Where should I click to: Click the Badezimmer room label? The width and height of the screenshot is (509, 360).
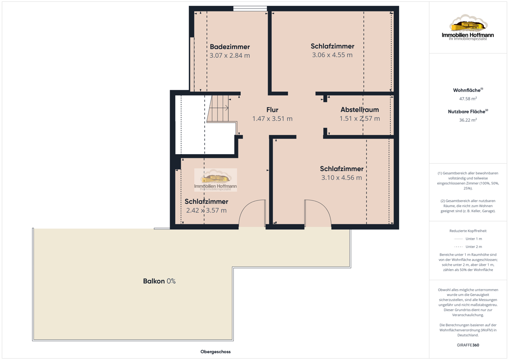pos(230,47)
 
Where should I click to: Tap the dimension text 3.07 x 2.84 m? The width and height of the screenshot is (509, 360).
pos(230,56)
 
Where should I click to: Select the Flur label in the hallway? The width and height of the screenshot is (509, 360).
pos(272,110)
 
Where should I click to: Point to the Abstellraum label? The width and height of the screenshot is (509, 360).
pos(360,110)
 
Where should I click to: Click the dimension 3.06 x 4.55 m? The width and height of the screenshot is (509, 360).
pos(332,55)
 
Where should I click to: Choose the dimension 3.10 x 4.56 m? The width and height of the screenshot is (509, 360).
pos(341,177)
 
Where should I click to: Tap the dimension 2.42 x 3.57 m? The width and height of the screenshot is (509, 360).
pos(206,211)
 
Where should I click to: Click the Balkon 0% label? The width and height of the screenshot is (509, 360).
pos(159,281)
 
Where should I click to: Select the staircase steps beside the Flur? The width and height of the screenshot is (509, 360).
pos(218,109)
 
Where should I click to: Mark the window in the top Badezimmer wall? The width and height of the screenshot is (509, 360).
pos(250,8)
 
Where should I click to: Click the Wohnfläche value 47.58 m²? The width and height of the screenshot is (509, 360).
pos(468,98)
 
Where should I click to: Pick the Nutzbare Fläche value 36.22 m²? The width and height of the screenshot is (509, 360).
pos(468,120)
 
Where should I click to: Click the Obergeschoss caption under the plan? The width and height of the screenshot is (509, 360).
pos(215,352)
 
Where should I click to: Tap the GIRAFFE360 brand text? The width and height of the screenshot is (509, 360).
pos(468,345)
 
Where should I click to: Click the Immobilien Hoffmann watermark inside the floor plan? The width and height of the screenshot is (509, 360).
pos(215,180)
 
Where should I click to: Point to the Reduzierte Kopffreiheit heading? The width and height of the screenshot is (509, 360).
pos(468,231)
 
